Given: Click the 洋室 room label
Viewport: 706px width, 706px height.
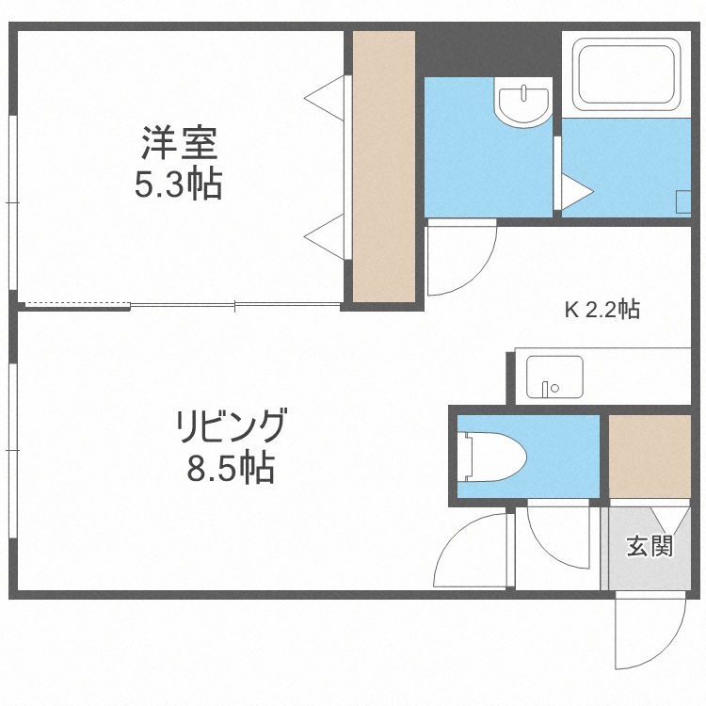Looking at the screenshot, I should pos(179,145).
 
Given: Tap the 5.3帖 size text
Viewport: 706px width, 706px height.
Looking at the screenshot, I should pos(179,185).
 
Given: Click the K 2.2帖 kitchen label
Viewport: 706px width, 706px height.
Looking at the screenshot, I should pos(602,310).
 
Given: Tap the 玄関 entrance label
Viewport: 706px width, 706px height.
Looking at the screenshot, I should pos(650,546).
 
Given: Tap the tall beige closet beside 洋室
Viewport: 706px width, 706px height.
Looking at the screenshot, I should pos(384,167).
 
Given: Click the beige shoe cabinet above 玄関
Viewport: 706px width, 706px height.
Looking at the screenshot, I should pos(650,455).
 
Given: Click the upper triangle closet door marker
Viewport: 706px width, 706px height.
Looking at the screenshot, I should pos(327,97).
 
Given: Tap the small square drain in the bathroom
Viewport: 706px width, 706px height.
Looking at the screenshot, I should pos(684,200).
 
